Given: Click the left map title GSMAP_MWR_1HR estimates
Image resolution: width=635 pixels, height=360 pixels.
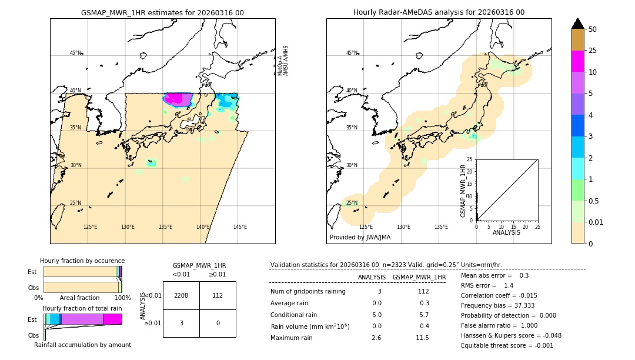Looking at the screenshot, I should (x=162, y=12).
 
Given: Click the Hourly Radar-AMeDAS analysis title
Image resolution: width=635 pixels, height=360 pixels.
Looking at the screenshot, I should (x=439, y=12).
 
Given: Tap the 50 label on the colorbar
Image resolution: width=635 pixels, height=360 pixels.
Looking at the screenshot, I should (x=593, y=29).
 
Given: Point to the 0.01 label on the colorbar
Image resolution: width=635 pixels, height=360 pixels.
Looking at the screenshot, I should (x=596, y=222).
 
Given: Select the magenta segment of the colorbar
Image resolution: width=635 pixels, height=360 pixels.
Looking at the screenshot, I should (x=577, y=61).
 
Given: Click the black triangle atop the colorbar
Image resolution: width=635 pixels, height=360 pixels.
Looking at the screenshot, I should (x=577, y=24).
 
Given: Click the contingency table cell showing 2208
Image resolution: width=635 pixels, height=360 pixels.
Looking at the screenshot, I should (x=181, y=295).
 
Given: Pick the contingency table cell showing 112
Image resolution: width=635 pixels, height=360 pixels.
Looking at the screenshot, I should (x=218, y=295).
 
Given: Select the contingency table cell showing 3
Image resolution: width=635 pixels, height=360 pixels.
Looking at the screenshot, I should (x=181, y=324).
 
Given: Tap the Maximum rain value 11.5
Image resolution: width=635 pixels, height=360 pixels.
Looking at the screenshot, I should (x=422, y=338).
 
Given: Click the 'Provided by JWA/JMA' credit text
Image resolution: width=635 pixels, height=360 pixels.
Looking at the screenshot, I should (x=360, y=238).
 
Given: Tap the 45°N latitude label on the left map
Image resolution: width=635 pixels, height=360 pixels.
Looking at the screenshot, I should (x=76, y=53).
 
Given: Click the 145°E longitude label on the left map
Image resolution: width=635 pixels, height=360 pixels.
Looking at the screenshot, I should (x=240, y=227).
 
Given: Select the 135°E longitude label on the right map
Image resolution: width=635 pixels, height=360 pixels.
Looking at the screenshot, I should (x=441, y=227).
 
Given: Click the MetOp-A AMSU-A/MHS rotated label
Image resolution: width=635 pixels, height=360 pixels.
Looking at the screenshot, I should (x=283, y=61).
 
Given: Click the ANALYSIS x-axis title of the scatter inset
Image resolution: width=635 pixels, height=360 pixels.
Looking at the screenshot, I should (x=507, y=232).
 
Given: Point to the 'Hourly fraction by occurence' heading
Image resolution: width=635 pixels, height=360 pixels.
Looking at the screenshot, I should (x=82, y=261).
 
